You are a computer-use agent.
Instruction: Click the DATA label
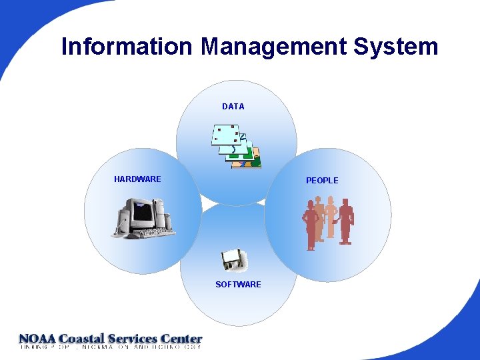(233, 107)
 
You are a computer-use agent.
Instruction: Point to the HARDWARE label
(137, 179)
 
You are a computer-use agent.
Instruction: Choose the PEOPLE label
(322, 181)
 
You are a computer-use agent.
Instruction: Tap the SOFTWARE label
(238, 285)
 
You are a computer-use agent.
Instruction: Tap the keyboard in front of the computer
(149, 233)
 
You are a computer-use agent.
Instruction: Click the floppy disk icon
(233, 260)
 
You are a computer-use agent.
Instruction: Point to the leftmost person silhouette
(311, 224)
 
